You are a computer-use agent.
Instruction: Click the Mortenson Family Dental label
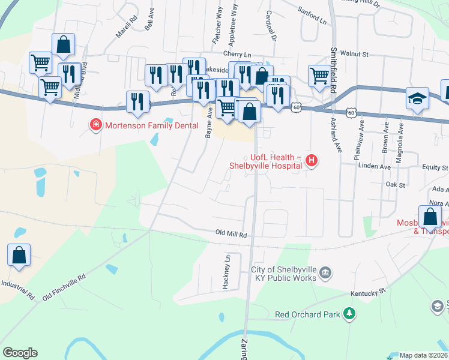(142, 125)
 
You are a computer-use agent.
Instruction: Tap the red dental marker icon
(94, 125)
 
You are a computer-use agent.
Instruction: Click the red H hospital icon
(311, 160)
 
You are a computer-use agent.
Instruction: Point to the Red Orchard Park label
(307, 314)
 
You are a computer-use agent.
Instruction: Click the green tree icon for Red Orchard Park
(348, 314)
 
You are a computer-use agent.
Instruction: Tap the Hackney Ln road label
(227, 272)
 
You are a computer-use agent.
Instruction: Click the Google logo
(20, 353)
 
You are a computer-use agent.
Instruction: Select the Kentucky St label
(367, 292)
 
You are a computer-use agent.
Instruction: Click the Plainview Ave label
(361, 139)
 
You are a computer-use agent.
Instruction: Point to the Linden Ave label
(374, 166)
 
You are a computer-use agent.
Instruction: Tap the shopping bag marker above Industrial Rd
(19, 254)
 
